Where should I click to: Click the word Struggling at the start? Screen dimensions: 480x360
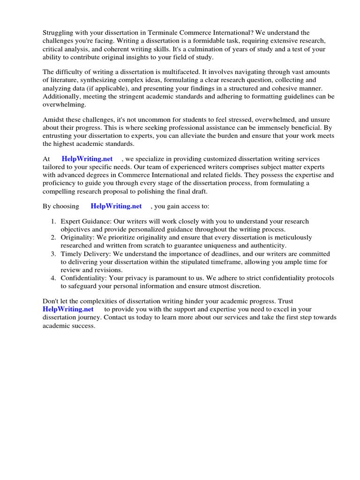click(x=59, y=33)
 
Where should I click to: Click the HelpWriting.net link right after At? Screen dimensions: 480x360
click(x=87, y=159)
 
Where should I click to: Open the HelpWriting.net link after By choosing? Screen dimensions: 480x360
click(x=116, y=206)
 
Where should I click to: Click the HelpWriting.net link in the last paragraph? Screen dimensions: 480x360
click(x=68, y=309)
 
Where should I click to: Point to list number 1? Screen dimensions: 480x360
click(x=53, y=221)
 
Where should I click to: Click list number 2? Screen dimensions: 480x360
click(x=53, y=238)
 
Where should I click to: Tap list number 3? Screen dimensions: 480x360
click(x=53, y=254)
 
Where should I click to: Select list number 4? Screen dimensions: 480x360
click(x=53, y=278)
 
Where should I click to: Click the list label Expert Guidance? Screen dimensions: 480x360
click(x=83, y=221)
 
